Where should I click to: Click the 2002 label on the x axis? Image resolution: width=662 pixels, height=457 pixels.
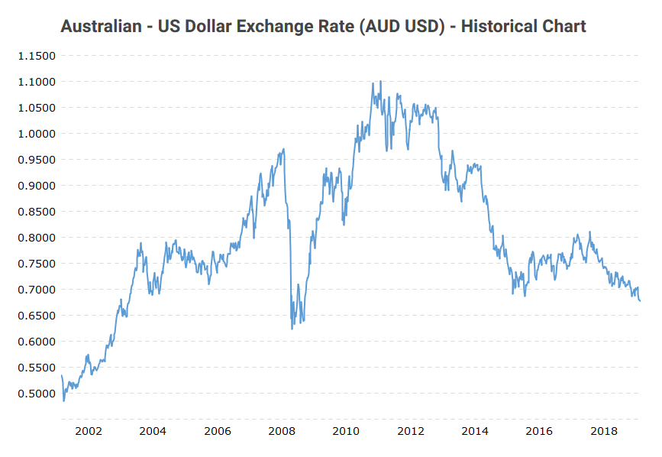(89, 431)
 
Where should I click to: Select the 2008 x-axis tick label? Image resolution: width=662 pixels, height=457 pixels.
(282, 431)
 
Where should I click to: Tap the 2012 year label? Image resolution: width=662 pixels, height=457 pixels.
(411, 431)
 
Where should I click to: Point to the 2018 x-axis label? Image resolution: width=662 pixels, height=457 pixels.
(604, 431)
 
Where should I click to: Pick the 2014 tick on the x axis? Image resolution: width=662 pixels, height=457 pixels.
(475, 431)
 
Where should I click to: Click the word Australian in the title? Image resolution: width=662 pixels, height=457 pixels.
(102, 27)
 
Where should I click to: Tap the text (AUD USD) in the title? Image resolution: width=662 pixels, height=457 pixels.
(396, 27)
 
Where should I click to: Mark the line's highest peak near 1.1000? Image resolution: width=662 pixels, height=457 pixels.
(380, 81)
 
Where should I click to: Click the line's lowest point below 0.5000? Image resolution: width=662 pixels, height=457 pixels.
(63, 401)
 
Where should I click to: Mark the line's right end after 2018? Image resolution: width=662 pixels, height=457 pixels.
(640, 301)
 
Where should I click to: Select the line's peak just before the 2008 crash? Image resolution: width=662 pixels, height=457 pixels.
(284, 149)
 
